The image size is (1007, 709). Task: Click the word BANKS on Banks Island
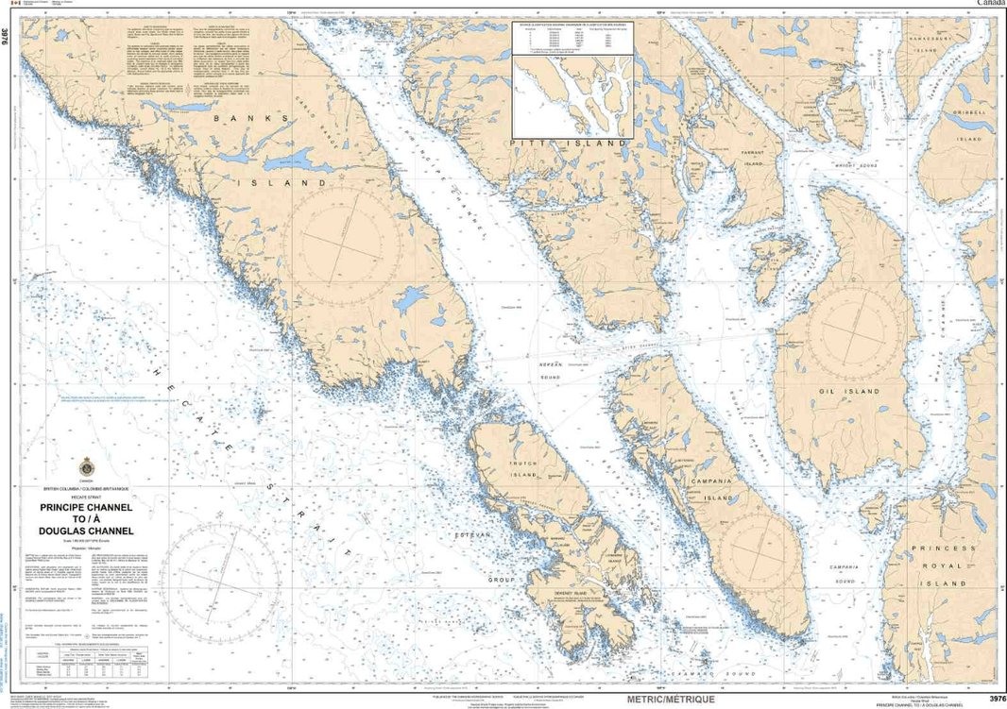click(x=249, y=118)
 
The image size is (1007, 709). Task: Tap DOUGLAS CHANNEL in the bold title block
click(x=86, y=531)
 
